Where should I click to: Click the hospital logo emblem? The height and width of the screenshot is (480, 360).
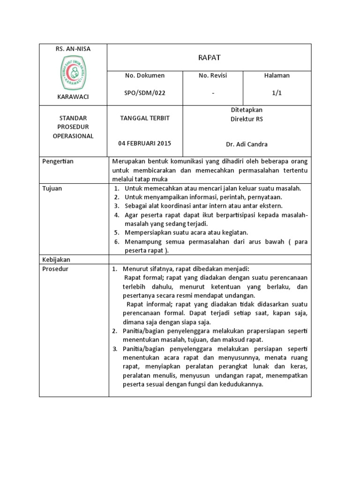pos(73,73)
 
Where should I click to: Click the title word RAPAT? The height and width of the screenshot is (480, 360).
pos(209,58)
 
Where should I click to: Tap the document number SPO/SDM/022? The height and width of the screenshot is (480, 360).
pos(145,93)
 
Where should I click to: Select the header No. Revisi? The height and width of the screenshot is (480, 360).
pos(213,75)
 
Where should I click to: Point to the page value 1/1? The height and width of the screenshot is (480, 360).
pos(277,93)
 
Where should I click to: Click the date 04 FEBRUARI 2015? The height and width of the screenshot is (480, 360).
pos(145,143)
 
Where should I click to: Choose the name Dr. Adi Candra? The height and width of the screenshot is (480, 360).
pos(247,144)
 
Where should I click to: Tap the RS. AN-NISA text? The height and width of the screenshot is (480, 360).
pos(73,49)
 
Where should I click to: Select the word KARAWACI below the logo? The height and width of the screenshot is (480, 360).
pos(73,97)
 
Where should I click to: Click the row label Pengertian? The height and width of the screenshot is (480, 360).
pos(58,161)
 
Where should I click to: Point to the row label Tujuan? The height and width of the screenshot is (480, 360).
pos(52,188)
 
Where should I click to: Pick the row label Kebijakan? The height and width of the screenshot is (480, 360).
pos(56,259)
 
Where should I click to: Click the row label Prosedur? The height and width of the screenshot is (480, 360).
pos(55,269)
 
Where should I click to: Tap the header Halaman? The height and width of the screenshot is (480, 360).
pos(277,75)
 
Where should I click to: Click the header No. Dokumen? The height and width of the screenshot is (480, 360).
pos(145,75)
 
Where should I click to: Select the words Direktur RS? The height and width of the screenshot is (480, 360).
pos(247,119)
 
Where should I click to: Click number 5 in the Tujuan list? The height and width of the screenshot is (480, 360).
pos(116,232)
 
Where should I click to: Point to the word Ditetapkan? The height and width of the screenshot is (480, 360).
pos(247,110)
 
